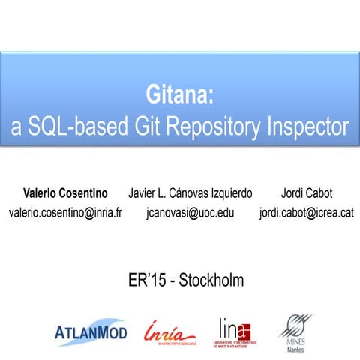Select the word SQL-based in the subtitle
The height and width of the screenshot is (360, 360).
click(x=73, y=127)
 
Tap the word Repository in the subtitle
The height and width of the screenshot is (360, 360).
click(x=209, y=127)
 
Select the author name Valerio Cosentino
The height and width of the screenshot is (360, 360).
click(x=65, y=193)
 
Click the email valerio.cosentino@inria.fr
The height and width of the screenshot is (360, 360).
click(x=65, y=213)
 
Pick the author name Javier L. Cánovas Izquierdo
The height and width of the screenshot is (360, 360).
click(x=190, y=193)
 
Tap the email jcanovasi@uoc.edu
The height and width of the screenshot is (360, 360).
click(x=190, y=213)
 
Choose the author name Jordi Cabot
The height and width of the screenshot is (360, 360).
click(x=305, y=193)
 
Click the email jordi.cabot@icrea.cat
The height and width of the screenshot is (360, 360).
click(x=305, y=213)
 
